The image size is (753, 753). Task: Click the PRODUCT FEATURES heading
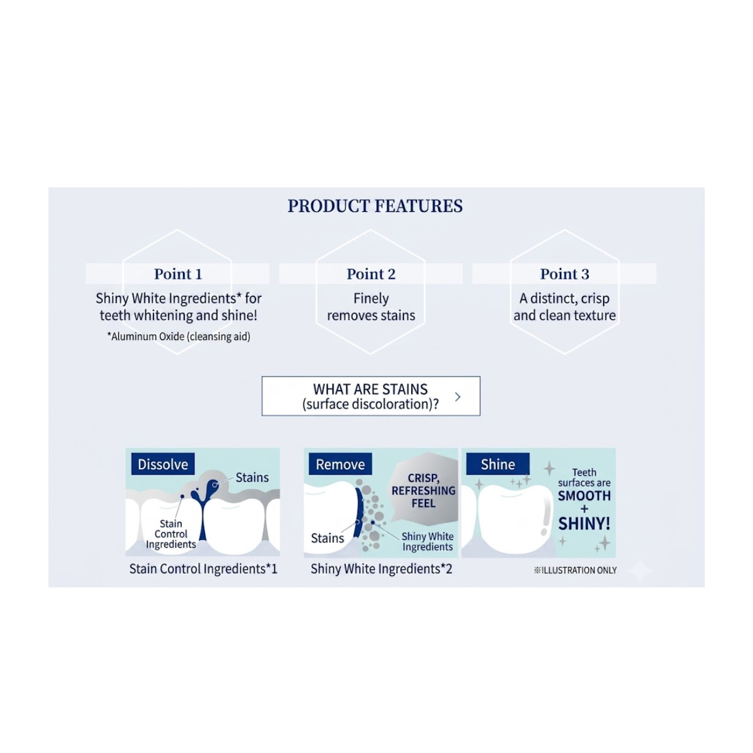pos(375,206)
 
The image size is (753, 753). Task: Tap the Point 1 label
pos(178,274)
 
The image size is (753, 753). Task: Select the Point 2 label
pos(371,274)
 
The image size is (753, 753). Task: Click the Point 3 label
pos(564,274)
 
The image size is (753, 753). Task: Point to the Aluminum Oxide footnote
pos(179,336)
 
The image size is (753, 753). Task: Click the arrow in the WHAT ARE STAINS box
pos(458,397)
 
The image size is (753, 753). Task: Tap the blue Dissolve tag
pos(163,464)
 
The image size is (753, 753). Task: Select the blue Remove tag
pos(340,464)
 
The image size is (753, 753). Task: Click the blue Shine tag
pos(498,464)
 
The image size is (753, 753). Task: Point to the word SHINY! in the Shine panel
pos(584,524)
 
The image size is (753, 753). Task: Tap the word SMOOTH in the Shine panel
pos(584,496)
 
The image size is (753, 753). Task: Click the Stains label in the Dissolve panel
pos(252,478)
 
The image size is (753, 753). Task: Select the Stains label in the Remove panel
pos(328,538)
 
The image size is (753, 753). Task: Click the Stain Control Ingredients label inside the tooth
pos(171,534)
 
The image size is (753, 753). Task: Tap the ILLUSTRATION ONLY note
pos(575,570)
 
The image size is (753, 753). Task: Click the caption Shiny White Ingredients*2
pos(381,568)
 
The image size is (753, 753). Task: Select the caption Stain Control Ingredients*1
pos(203,568)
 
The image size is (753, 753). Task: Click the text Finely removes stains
pos(371,306)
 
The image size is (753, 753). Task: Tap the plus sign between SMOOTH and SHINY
pos(584,509)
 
